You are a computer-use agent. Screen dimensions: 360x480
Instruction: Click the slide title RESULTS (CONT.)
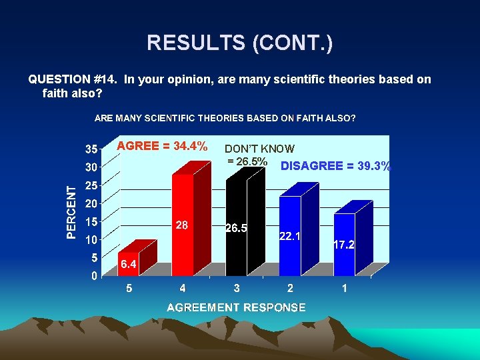pos(240,43)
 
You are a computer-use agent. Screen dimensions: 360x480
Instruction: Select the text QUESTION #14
pos(71,79)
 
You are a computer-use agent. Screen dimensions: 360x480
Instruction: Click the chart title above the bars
pos(225,118)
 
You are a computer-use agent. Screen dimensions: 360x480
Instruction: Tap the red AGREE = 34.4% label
pos(162,146)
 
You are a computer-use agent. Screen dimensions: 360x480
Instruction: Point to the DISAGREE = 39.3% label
pos(335,166)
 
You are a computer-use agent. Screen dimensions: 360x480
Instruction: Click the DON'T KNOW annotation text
pos(259,149)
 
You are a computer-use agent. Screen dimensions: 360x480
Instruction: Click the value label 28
pos(182,225)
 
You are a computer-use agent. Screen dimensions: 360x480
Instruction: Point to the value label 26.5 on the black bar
pos(236,228)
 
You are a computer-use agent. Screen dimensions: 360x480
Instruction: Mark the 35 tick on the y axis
pos(91,148)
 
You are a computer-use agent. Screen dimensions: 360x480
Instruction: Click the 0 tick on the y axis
pos(93,275)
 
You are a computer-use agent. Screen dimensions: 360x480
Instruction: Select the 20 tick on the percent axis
pos(91,203)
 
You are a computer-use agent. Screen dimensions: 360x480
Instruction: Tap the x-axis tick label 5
pos(129,289)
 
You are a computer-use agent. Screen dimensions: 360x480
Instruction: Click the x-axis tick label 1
pos(344,289)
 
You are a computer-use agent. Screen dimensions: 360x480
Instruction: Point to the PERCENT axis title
pos(71,212)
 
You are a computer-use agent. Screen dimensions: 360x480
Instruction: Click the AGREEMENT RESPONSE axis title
pos(236,307)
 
